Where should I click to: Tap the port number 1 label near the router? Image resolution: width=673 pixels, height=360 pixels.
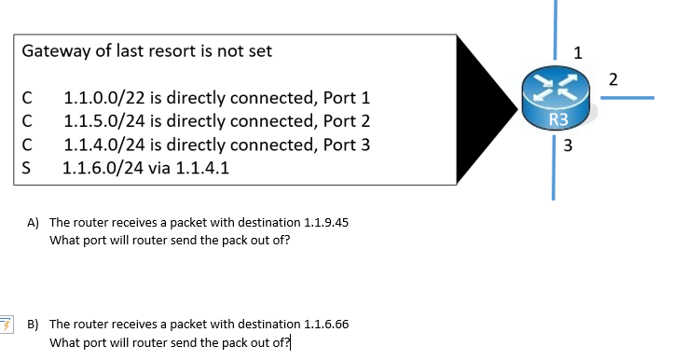pos(578,52)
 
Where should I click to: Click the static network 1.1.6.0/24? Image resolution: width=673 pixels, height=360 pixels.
pos(104,169)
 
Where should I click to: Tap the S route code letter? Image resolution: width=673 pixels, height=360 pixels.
pos(27,169)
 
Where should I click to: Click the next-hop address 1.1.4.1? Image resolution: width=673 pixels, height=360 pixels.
pos(202,169)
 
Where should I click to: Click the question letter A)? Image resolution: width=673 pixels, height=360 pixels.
pos(33,223)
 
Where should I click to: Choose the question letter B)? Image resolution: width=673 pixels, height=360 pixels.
pos(33,325)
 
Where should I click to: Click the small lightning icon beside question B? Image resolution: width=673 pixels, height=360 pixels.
pos(7,325)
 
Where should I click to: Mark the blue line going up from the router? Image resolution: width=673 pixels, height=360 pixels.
pos(555,28)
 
